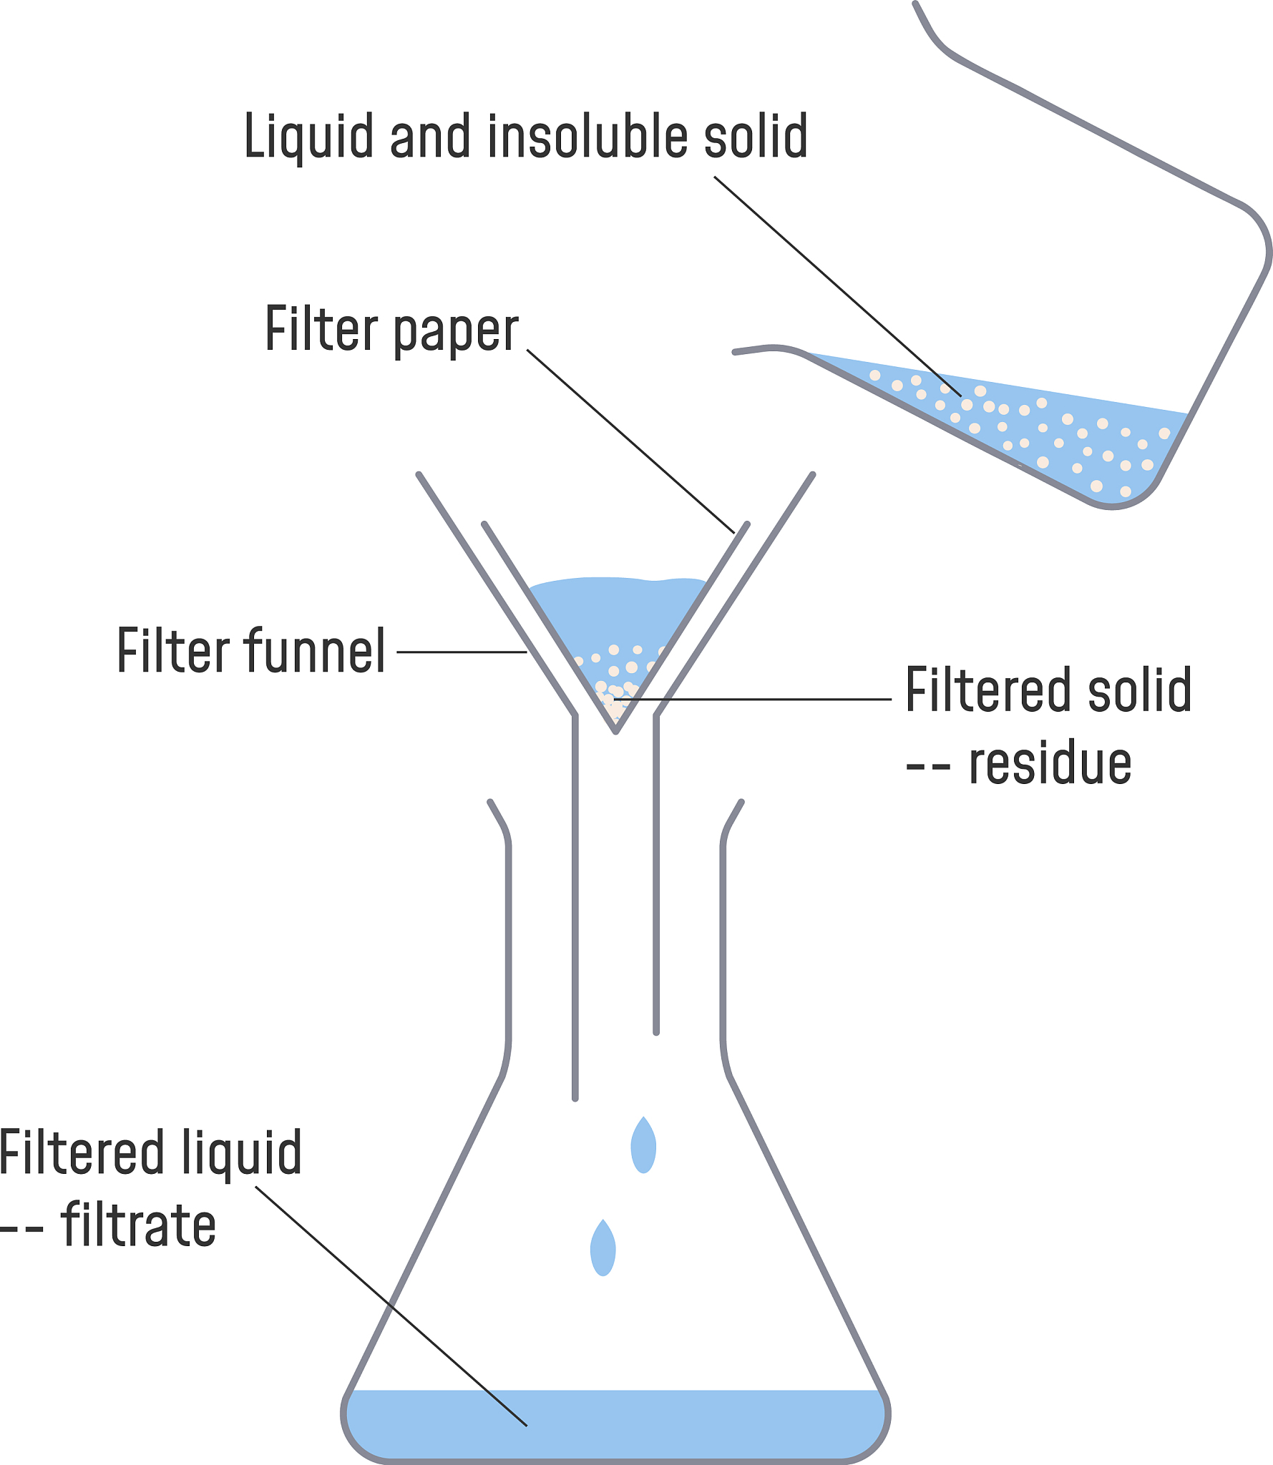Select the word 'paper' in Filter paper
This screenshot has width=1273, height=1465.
coord(456,330)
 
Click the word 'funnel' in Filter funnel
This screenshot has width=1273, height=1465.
coord(315,650)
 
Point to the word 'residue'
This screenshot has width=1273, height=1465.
coord(1050,764)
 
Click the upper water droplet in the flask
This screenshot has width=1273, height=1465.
coord(643,1146)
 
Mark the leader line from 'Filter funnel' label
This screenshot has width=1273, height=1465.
coord(462,652)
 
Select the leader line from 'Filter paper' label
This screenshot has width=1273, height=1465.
coord(630,441)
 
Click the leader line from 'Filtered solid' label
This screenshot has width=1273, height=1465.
coord(759,699)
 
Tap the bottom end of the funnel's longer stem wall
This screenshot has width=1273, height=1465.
coord(575,1097)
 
